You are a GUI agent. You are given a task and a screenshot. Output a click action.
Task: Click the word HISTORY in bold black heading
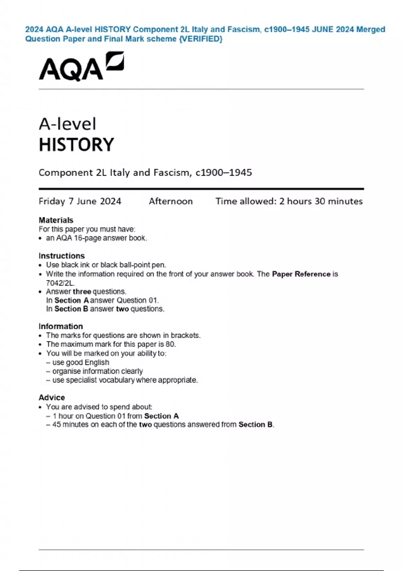tap(77, 145)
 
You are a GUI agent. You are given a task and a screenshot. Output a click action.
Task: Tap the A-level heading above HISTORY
tap(68, 124)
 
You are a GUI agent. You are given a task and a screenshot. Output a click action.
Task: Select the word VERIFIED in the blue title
tap(201, 39)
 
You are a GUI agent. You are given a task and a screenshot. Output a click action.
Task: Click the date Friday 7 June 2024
tap(80, 201)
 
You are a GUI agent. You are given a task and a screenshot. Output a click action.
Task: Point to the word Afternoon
tap(171, 201)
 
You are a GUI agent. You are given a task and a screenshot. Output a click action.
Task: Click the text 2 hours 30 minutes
tap(321, 201)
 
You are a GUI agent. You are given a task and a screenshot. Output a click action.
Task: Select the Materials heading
tap(56, 220)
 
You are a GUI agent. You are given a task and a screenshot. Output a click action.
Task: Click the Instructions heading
tap(61, 256)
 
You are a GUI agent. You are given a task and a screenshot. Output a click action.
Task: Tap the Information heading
tap(60, 326)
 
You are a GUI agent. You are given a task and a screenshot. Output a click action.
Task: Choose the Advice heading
tap(52, 397)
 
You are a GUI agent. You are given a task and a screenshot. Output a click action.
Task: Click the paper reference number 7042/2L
tap(60, 283)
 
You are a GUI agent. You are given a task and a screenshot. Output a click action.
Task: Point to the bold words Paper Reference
tap(301, 274)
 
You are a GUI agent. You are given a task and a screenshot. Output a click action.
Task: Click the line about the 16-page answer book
tap(96, 238)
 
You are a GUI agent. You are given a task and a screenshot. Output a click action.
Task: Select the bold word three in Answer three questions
tap(82, 292)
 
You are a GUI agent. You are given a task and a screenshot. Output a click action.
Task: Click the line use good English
tap(81, 362)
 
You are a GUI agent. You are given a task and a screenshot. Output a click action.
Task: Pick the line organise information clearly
tap(97, 371)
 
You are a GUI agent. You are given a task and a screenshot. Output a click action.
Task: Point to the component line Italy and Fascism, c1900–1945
tap(145, 173)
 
